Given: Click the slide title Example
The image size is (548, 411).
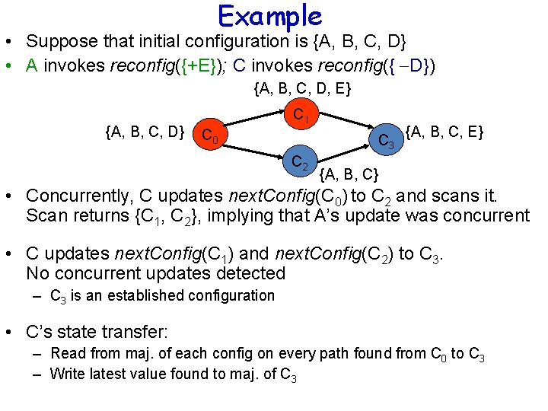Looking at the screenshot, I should pos(269,15).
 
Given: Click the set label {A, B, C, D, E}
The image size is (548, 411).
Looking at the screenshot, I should pos(302,90).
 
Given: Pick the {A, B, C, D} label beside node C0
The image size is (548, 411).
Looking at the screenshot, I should pos(144,133).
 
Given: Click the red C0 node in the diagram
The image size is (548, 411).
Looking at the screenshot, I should pos(208,136).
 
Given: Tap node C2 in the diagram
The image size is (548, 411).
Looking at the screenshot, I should pos(299,162).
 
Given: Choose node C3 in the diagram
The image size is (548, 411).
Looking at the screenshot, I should pos(387,141).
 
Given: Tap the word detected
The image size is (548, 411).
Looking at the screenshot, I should pos(247,272).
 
